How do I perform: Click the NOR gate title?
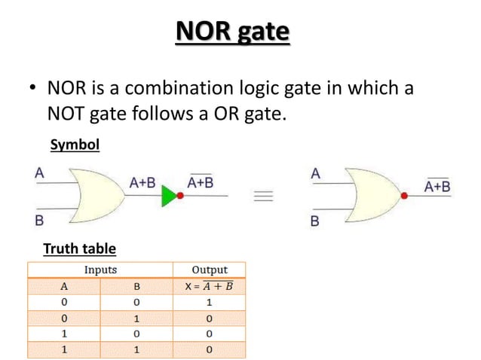pos(232,33)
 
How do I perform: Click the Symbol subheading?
pos(74,145)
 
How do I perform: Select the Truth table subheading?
pos(79,248)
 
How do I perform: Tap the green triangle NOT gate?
pos(169,197)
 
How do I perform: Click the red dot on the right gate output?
pos(404,196)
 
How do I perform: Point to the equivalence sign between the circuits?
pos(263,197)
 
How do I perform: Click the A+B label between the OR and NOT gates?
pos(142,182)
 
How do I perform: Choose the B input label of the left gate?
pos(38,221)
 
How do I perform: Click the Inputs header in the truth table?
pos(100,270)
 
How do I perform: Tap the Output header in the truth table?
pos(210,270)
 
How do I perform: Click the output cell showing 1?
pos(210,301)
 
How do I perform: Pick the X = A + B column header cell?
pos(210,285)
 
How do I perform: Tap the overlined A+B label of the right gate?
pos(437,185)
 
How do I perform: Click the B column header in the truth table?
pos(136,285)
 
